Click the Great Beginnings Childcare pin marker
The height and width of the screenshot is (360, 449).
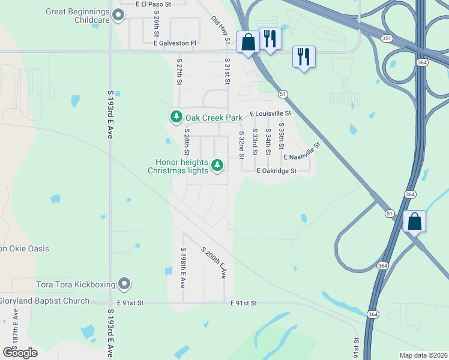(118, 16)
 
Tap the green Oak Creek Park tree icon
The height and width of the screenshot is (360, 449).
(176, 116)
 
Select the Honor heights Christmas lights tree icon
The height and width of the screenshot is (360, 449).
(217, 164)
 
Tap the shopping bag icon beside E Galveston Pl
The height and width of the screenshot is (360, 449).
(247, 42)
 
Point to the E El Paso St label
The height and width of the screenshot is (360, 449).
(154, 4)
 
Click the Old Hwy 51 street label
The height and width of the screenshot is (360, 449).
(221, 30)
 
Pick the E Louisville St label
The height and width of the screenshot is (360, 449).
(270, 113)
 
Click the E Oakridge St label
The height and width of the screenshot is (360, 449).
(277, 171)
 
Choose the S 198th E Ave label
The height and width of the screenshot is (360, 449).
(183, 268)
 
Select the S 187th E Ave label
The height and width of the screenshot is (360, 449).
(14, 327)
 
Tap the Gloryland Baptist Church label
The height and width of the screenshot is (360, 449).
(44, 301)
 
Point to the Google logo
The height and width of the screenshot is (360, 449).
(20, 353)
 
